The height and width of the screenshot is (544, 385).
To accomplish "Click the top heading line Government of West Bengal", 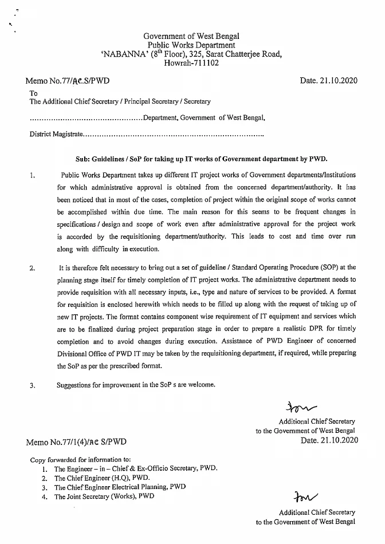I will point(191,36).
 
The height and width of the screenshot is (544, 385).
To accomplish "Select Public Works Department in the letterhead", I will point(191,45).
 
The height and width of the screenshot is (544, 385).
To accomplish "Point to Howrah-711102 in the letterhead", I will point(191,64).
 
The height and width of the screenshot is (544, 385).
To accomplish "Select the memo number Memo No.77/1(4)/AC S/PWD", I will point(76,442).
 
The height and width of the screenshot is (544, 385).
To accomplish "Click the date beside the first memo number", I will point(328,81).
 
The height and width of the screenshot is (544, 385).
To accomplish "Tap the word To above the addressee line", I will point(34,93).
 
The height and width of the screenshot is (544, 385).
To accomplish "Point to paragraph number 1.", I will point(32,175).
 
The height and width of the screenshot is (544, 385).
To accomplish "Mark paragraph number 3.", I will point(32,385).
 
